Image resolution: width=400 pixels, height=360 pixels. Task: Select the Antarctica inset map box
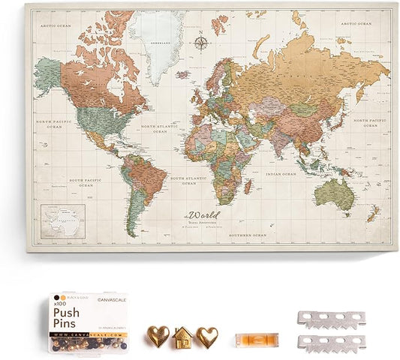point(63,221)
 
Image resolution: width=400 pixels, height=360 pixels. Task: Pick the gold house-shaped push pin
point(181,337)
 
